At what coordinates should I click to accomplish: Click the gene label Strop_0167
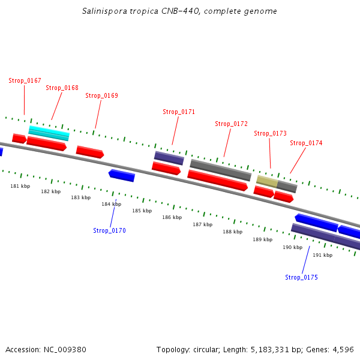pyautogui.click(x=25, y=80)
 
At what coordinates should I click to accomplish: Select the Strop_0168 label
pyautogui.click(x=62, y=88)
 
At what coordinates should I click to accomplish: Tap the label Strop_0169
pyautogui.click(x=101, y=95)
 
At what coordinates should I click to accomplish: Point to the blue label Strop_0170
pyautogui.click(x=109, y=230)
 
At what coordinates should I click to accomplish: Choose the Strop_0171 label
pyautogui.click(x=179, y=112)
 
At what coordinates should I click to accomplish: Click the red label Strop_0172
pyautogui.click(x=231, y=124)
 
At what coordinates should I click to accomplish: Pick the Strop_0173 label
pyautogui.click(x=270, y=133)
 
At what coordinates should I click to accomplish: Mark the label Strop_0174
pyautogui.click(x=306, y=143)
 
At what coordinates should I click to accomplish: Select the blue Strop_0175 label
pyautogui.click(x=301, y=277)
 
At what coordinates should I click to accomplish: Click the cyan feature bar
pyautogui.click(x=49, y=132)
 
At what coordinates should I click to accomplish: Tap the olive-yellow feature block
pyautogui.click(x=267, y=181)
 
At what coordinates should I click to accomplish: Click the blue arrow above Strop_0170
pyautogui.click(x=122, y=175)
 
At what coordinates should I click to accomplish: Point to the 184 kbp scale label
pyautogui.click(x=111, y=204)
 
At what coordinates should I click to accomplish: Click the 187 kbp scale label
pyautogui.click(x=202, y=224)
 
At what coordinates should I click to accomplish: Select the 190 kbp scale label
pyautogui.click(x=292, y=247)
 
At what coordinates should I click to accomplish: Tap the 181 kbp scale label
pyautogui.click(x=20, y=186)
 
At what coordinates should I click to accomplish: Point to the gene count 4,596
pyautogui.click(x=343, y=349)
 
